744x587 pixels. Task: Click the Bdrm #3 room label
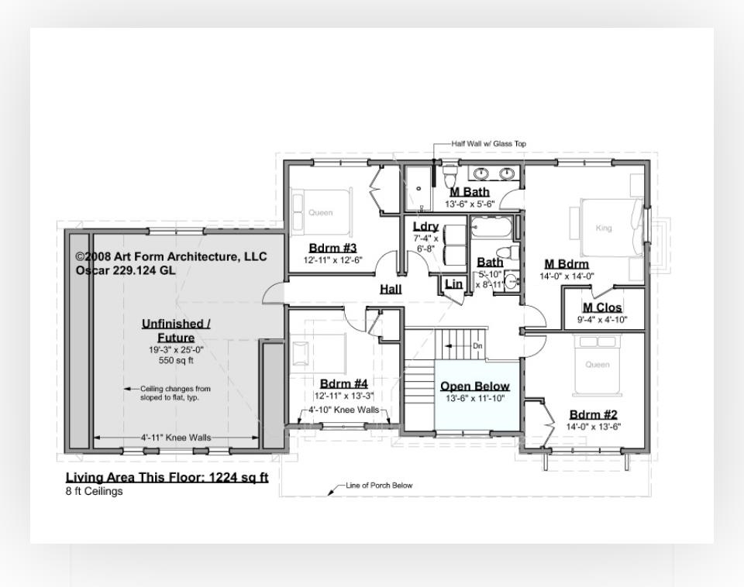tap(332, 248)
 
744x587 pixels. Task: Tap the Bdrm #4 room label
tap(343, 383)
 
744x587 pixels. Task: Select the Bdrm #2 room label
tap(593, 414)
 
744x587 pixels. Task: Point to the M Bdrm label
tap(567, 264)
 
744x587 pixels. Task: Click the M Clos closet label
tap(602, 307)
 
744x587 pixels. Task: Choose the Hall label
tap(391, 289)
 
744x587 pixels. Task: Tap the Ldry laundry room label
tap(425, 226)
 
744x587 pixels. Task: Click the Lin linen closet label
tap(453, 284)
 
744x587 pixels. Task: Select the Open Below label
tap(475, 386)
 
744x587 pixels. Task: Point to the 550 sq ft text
tap(175, 360)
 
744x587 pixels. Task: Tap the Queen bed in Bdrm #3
tap(321, 212)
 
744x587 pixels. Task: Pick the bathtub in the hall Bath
tap(490, 230)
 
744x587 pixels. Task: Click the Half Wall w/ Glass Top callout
tap(488, 143)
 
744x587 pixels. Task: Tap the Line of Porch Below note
tap(379, 486)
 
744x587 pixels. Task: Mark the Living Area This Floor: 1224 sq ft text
tap(167, 477)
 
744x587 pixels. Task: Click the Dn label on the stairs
tap(477, 345)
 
